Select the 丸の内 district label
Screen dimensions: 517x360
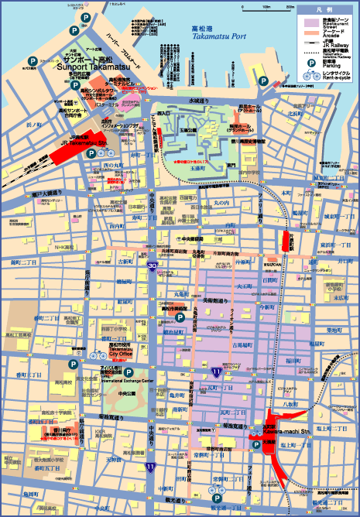(222, 203)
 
